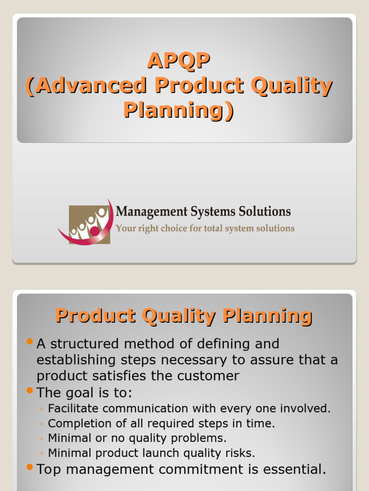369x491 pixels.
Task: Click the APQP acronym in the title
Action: (x=179, y=61)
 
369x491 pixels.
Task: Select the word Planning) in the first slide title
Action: (x=179, y=110)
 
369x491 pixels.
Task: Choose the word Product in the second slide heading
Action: (x=95, y=316)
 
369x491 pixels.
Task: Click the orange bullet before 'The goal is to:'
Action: (x=30, y=391)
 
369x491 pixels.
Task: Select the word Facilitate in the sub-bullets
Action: (x=73, y=409)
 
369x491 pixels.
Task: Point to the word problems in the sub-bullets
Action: (x=202, y=438)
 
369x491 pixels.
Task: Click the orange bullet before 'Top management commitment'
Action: (x=30, y=467)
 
